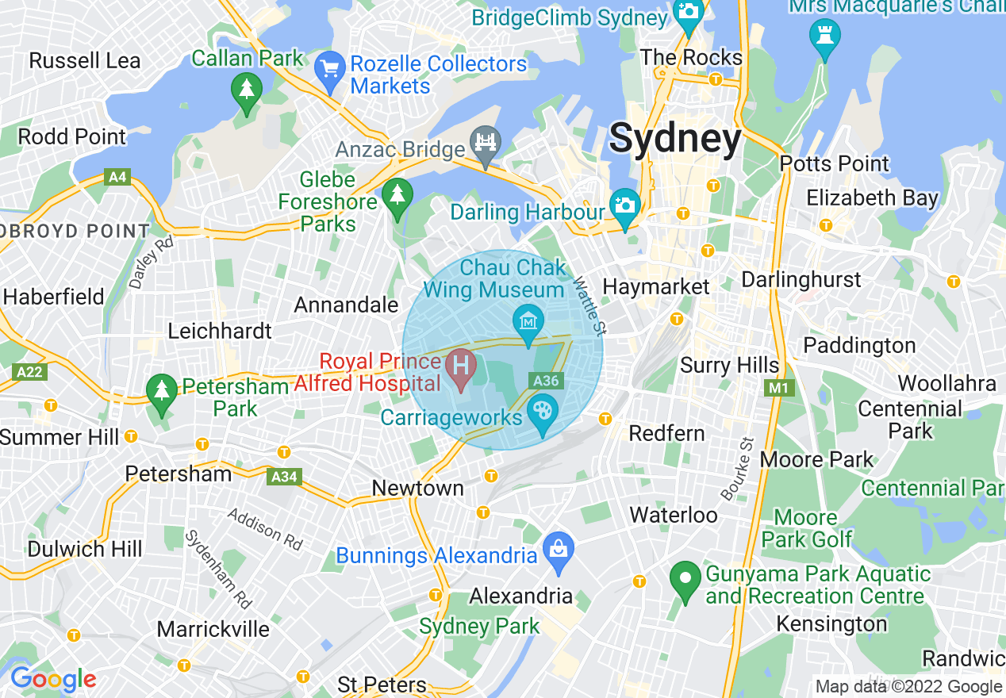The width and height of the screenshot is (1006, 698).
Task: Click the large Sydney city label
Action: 675,140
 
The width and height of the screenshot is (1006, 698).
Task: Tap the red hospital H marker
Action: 460,367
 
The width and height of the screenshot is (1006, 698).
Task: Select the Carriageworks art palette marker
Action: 543,412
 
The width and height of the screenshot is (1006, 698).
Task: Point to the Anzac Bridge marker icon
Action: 485,142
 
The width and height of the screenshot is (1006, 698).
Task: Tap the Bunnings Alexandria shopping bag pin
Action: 559,547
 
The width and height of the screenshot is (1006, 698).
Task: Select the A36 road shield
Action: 547,382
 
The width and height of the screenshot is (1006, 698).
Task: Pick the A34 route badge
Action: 284,477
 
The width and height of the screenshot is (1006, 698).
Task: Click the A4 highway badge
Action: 117,177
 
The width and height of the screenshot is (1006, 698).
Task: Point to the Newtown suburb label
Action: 418,488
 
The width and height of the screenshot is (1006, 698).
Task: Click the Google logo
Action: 53,679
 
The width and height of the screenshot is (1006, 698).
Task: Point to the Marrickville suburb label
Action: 213,630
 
